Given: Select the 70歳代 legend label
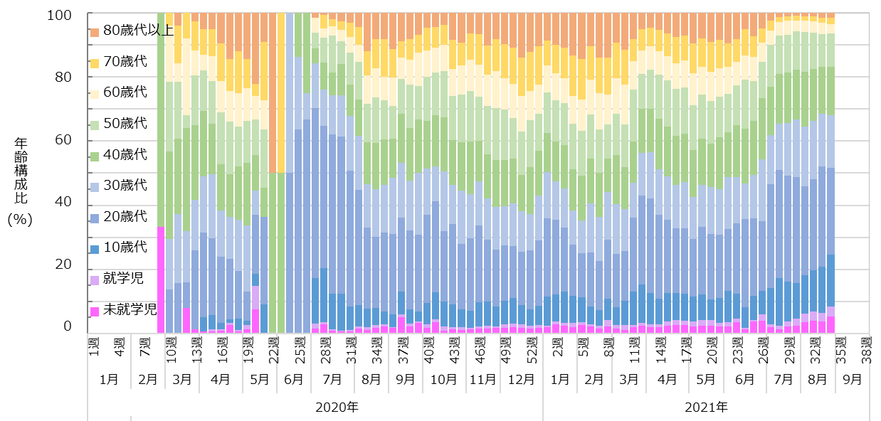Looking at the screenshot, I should tap(125, 61).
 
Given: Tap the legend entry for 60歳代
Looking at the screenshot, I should tap(125, 92).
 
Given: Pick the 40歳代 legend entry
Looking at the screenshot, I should tap(125, 154).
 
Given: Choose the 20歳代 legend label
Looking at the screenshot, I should tap(125, 216).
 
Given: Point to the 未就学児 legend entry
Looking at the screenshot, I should tap(130, 309).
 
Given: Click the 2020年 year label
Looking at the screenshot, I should tap(337, 407).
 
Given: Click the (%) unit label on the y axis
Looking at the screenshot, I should tap(21, 220).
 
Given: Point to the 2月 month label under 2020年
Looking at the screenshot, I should tap(147, 379).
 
